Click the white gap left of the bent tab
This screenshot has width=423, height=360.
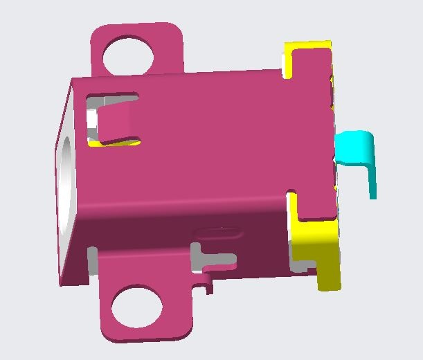[x=91, y=125]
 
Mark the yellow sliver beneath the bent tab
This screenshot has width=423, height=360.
[x=123, y=144]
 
